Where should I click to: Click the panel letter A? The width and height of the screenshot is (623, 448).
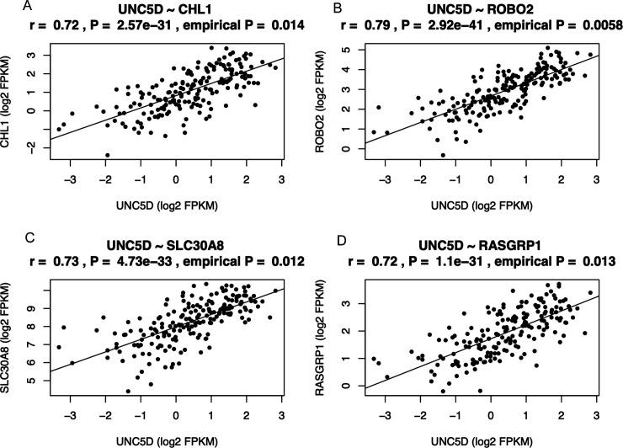click(6, 7)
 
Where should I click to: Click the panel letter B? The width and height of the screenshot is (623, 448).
click(322, 7)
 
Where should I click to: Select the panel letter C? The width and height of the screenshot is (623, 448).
click(6, 238)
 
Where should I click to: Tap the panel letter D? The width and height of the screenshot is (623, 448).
click(322, 238)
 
